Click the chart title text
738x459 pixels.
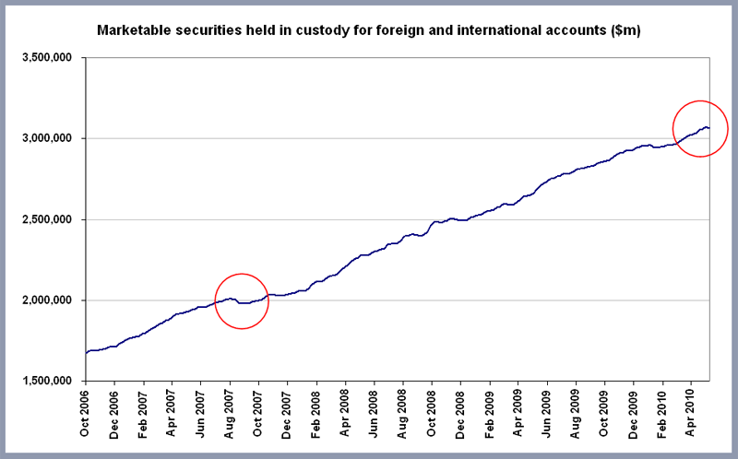[368, 31]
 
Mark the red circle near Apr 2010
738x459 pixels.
[700, 128]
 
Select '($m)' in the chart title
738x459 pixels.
[625, 31]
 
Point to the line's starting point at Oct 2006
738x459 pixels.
[86, 352]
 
